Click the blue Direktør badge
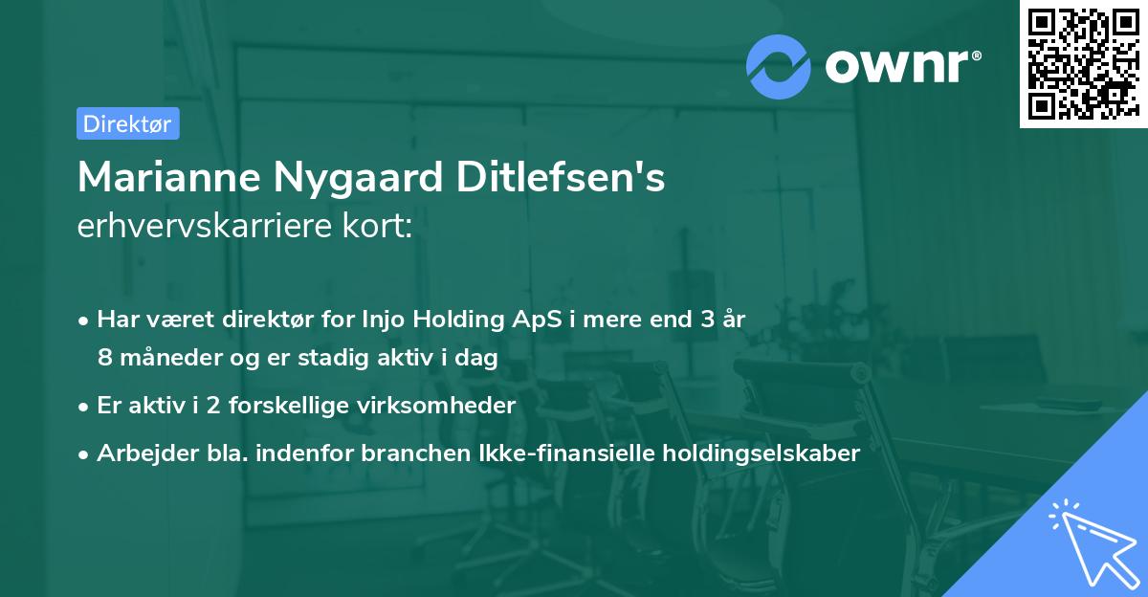[x=127, y=123]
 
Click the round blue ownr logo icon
[x=778, y=67]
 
